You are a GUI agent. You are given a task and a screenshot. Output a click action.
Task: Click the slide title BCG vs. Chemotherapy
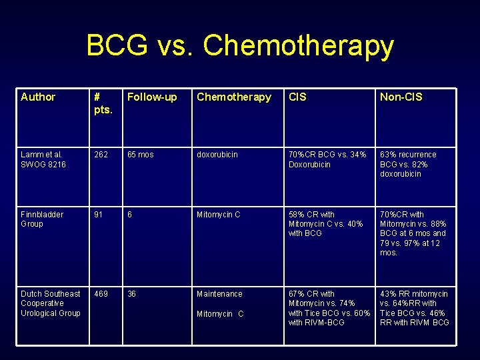point(240,46)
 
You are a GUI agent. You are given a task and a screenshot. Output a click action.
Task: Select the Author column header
point(38,97)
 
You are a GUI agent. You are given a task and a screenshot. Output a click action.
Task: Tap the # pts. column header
point(103,103)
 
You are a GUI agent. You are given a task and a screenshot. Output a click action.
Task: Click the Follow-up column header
point(152,97)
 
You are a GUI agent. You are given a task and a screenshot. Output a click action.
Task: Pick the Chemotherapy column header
point(234,97)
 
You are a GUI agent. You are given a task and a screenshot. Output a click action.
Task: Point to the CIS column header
point(297,97)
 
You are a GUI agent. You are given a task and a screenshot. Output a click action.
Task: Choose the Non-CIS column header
point(401,97)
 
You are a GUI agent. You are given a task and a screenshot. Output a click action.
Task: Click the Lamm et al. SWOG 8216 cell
point(43,159)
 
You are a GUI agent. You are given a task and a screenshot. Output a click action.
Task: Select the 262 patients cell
point(101,155)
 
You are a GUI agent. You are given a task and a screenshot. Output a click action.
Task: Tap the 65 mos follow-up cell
point(140,155)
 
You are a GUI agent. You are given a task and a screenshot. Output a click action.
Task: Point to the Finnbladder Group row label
point(42,219)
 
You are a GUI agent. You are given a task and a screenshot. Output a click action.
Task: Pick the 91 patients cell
point(99,215)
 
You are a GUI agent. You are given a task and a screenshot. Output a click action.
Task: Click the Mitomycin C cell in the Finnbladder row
point(219,215)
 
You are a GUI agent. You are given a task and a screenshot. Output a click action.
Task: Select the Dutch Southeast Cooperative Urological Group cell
point(51,303)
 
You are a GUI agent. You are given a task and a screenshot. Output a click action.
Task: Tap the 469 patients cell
point(101,294)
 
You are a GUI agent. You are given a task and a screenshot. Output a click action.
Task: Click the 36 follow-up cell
point(132,294)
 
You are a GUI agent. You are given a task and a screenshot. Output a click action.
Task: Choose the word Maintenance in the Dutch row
point(219,294)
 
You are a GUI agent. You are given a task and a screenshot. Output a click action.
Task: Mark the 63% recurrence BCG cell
point(408,164)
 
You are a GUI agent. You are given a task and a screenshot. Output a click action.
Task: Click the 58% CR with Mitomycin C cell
point(326,224)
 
